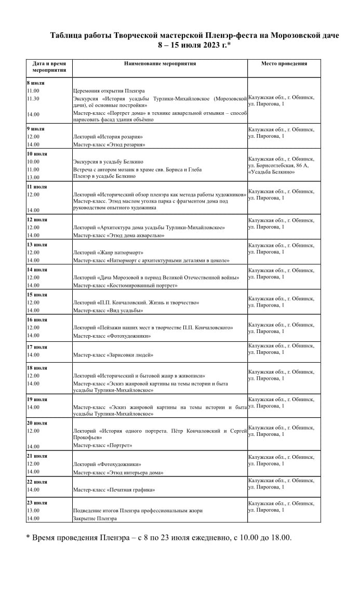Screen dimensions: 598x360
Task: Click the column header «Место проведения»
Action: coord(284,63)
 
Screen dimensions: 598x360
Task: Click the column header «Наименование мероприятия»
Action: coord(159,63)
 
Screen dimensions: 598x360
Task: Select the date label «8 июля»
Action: coord(36,83)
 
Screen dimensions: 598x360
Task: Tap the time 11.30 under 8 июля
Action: coord(33,98)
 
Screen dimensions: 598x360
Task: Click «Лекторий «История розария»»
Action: coord(108,137)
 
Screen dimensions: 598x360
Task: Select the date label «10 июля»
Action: coord(37,154)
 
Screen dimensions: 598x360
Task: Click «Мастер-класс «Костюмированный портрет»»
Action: coord(125,285)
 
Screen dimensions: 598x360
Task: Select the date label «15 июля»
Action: coord(37,295)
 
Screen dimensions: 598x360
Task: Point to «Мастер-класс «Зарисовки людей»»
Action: coord(113,355)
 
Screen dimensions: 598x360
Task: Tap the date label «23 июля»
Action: coord(37,502)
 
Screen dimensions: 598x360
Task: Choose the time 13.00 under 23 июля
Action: coord(33,511)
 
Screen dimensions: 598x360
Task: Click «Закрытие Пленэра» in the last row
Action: coord(95,519)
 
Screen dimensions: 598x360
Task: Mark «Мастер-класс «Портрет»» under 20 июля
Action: coord(102,445)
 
